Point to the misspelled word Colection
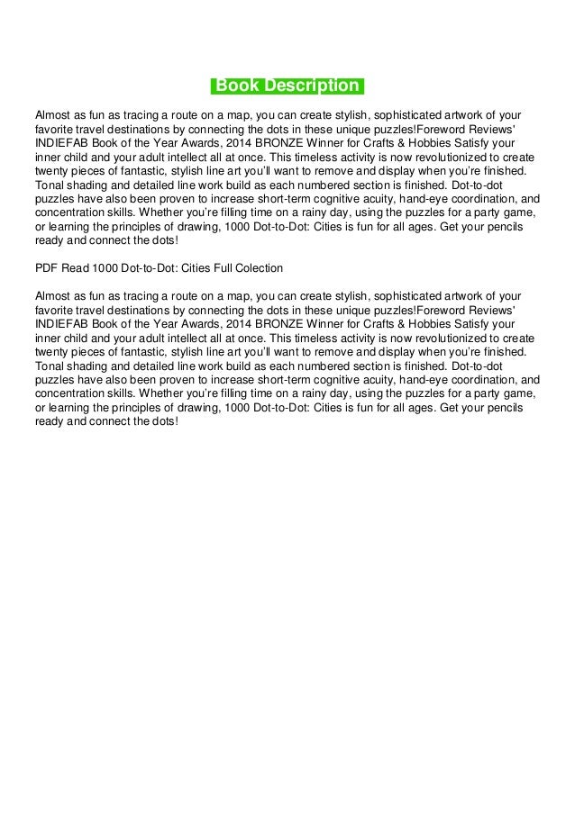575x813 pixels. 260,268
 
